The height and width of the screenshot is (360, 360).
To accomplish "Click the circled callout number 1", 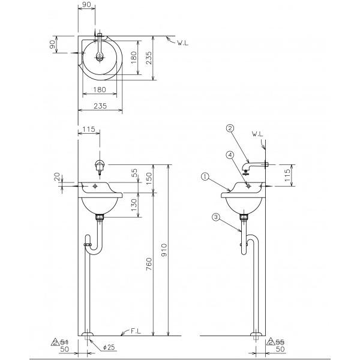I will coord(205,176).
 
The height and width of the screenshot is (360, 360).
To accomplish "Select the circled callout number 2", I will coord(230,127).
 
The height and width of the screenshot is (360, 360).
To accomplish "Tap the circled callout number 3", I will coord(214,217).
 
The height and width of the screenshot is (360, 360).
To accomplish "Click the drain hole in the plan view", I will coord(99,58).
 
